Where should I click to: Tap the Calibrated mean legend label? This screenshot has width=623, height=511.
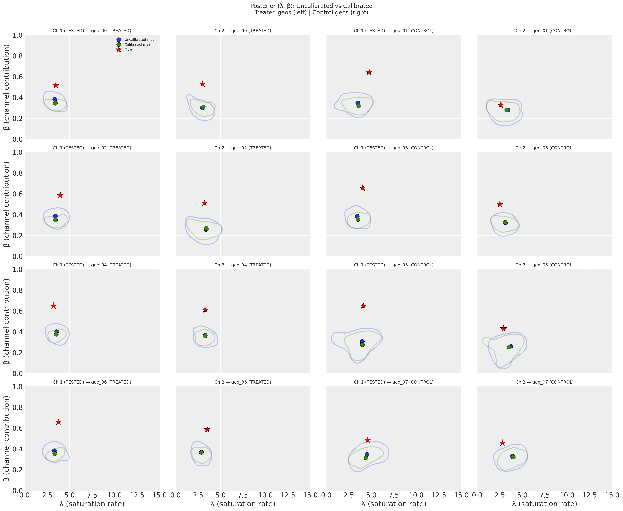pos(138,44)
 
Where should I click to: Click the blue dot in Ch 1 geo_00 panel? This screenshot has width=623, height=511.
pos(55,99)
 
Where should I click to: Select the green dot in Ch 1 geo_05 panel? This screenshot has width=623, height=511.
pos(362,344)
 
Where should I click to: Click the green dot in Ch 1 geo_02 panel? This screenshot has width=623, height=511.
pos(55,220)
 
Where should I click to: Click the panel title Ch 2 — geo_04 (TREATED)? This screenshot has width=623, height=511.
pos(243,265)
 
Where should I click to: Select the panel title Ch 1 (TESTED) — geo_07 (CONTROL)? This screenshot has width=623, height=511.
pos(393,382)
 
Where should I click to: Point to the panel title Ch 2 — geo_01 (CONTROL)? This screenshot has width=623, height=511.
pos(544,31)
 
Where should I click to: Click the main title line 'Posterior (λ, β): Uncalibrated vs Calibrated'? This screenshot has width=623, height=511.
pos(311,6)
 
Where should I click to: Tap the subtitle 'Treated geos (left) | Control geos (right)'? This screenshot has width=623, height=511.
pos(311,13)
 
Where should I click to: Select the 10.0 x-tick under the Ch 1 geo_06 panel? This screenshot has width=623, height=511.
pos(115,495)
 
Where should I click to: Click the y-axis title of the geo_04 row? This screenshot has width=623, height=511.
pos(7,321)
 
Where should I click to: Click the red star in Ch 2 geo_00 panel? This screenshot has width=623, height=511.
pos(202,84)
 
